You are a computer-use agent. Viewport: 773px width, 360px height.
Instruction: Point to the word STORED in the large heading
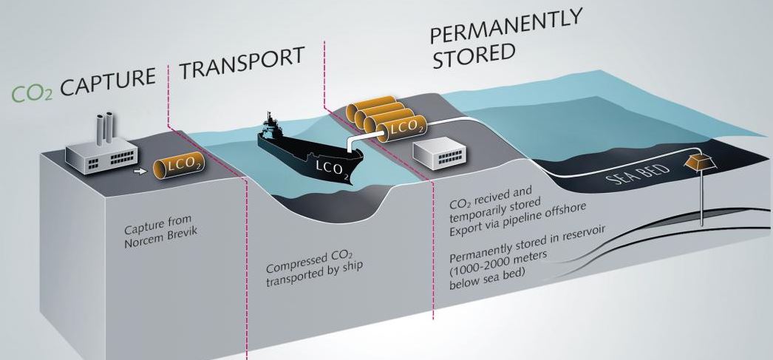pos(473,55)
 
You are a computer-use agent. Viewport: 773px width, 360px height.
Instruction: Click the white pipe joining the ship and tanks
pos(362,139)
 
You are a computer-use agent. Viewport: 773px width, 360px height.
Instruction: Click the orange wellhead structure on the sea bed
pos(699,162)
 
